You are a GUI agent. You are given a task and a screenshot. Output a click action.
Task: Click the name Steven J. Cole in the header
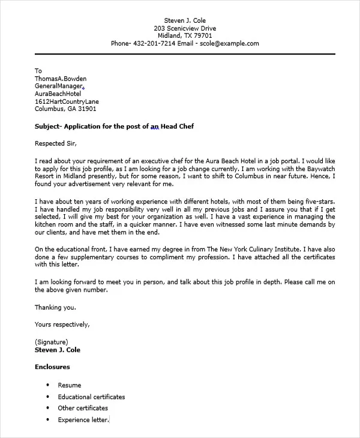tap(184, 20)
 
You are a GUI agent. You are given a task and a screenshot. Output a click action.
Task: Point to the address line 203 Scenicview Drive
tap(184, 28)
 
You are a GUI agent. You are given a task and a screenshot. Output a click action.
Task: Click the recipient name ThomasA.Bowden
tap(61, 78)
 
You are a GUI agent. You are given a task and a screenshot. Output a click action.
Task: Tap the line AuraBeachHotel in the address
tap(58, 94)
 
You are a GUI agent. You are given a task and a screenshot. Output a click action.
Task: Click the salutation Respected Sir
tap(56, 143)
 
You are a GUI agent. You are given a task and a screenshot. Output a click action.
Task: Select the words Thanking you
tap(55, 307)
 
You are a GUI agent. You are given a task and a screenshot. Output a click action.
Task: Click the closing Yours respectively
tap(62, 324)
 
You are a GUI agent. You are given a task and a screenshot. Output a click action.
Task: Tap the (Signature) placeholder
tap(52, 342)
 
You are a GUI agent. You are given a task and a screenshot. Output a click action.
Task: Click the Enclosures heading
tap(52, 367)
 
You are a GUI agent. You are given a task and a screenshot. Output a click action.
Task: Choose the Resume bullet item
tap(69, 385)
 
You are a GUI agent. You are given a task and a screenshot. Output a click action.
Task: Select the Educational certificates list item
tap(91, 397)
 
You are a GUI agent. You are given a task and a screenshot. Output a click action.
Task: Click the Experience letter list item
tap(83, 420)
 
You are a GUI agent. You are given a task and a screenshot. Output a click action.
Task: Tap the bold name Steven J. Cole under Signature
tap(58, 350)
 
